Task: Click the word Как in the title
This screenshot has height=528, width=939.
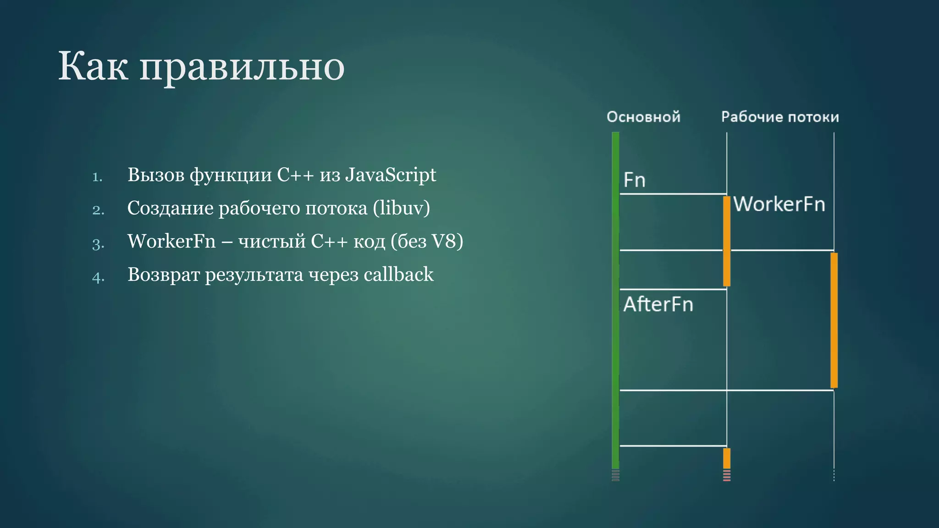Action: (x=94, y=67)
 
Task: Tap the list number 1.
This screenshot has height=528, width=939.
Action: (x=97, y=177)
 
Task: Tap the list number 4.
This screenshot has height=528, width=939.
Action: (x=98, y=277)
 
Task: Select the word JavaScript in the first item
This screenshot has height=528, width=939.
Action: (x=390, y=175)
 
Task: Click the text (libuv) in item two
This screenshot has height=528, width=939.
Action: (x=401, y=209)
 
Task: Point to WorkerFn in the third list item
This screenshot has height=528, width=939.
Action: (x=171, y=242)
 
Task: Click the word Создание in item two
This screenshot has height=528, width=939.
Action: (x=170, y=209)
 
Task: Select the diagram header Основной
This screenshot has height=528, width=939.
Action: (x=643, y=117)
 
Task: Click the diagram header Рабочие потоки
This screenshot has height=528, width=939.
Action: (x=780, y=117)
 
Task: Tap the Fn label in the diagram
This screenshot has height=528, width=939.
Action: (x=635, y=180)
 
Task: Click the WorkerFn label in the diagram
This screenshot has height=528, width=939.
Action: (x=779, y=204)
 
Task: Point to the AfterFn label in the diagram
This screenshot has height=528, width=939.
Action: (x=658, y=304)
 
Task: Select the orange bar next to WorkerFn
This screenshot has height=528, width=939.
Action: (x=727, y=241)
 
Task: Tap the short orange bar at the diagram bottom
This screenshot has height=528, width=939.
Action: (x=727, y=458)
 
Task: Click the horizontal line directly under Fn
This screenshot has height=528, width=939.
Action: (x=673, y=194)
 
